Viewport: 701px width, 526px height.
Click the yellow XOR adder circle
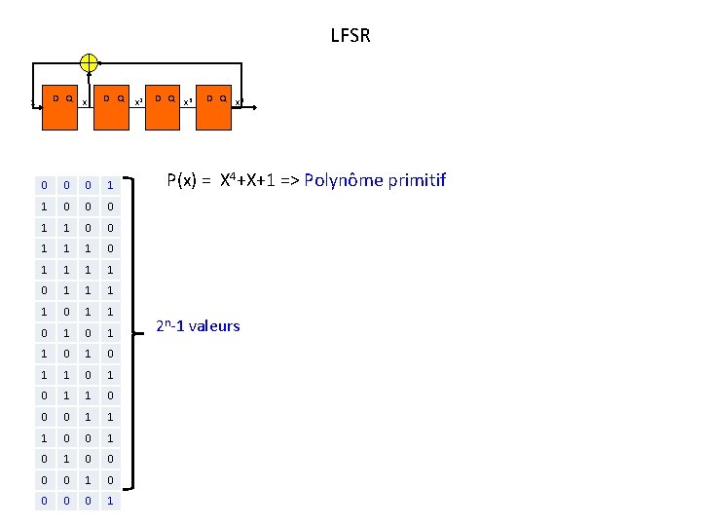[89, 62]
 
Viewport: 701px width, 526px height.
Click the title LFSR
[350, 37]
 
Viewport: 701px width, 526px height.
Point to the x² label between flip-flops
[138, 101]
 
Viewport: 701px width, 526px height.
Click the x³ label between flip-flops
[190, 101]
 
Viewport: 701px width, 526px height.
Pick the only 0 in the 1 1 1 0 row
[111, 248]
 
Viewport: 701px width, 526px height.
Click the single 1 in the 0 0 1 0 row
[89, 480]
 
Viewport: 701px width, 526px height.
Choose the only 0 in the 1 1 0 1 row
[89, 375]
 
